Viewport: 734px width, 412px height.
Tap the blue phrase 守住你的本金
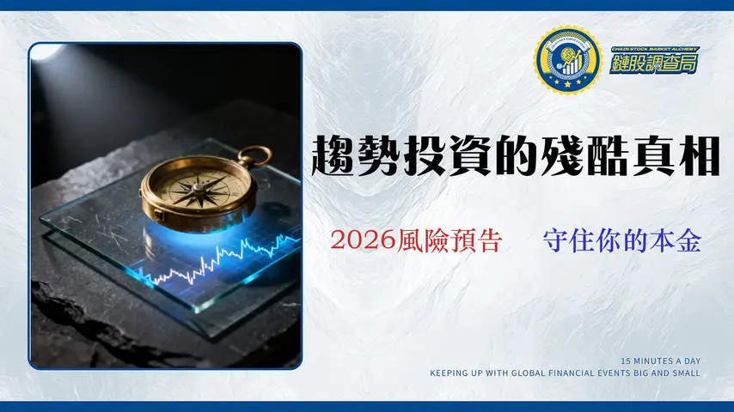coord(622,241)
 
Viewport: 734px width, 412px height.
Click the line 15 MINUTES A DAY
coord(660,360)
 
